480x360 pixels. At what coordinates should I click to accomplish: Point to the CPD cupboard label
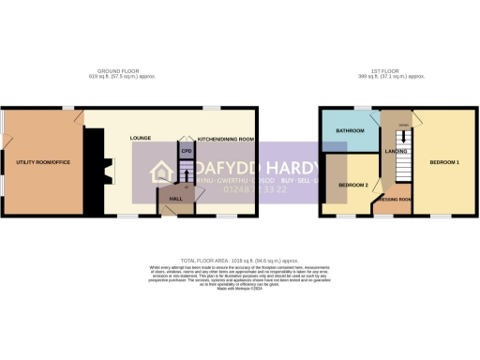pyautogui.click(x=186, y=149)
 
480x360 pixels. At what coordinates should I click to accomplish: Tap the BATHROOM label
pyautogui.click(x=350, y=130)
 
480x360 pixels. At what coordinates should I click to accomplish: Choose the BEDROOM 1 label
pyautogui.click(x=442, y=162)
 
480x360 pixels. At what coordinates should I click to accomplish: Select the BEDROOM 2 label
pyautogui.click(x=352, y=185)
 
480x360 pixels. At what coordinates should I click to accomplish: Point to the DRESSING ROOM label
pyautogui.click(x=393, y=200)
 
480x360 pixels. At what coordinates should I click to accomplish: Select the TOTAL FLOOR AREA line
pyautogui.click(x=241, y=258)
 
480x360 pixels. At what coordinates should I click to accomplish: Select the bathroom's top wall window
pyautogui.click(x=359, y=109)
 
